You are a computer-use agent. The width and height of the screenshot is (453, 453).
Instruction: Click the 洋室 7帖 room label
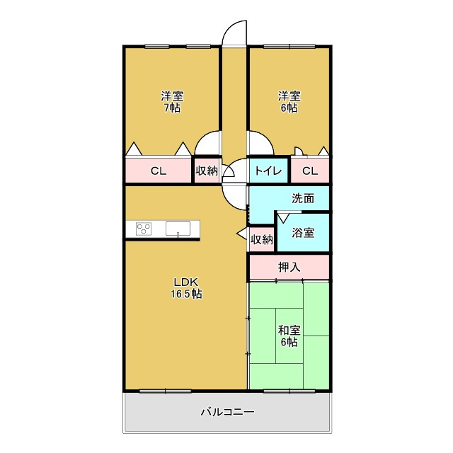tap(172, 102)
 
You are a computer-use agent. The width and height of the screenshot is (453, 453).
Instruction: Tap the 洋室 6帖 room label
tap(289, 102)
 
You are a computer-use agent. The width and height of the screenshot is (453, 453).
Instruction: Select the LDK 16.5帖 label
tap(186, 288)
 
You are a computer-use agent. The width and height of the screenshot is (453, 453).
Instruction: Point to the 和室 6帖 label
tap(289, 336)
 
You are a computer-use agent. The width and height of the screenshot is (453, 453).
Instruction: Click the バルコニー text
tap(228, 412)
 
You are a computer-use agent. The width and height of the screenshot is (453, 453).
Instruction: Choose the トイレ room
tap(268, 171)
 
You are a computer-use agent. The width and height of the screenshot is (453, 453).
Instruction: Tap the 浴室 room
tap(303, 233)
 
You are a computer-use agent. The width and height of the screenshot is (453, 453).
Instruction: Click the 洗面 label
tap(303, 198)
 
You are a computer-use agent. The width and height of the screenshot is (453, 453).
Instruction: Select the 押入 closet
tap(289, 267)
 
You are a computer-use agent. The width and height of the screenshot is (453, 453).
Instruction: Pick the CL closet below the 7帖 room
tap(159, 171)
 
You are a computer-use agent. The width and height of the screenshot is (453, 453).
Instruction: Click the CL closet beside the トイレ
tap(310, 171)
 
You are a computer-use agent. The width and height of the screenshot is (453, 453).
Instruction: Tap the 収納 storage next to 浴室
tap(262, 239)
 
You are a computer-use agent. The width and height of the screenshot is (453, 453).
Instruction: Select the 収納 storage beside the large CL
tap(207, 171)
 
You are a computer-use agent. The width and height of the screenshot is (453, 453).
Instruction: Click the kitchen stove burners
tap(144, 229)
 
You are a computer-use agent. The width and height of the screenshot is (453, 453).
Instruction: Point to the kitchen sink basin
tap(178, 228)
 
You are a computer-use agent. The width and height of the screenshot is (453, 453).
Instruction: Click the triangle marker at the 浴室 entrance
tap(283, 218)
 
